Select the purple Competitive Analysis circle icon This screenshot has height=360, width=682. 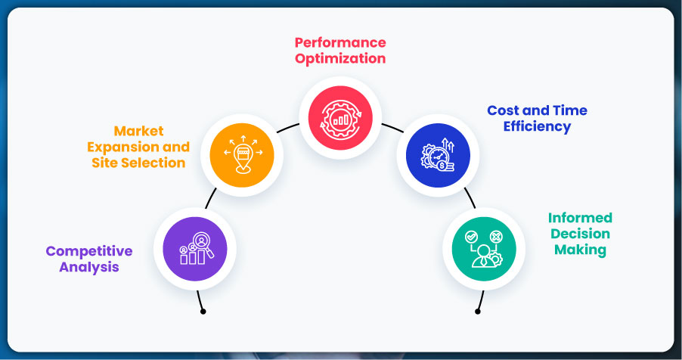[x=195, y=249]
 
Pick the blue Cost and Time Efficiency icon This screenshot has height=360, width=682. [x=439, y=155]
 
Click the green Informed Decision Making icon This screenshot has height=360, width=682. [x=484, y=250]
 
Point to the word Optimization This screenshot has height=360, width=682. [x=340, y=58]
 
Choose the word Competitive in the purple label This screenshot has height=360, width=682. [x=89, y=251]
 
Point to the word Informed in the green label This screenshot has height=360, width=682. [x=580, y=219]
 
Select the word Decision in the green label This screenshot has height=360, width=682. [x=580, y=234]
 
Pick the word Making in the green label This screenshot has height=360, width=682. [x=580, y=250]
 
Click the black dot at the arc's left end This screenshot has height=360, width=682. [x=203, y=310]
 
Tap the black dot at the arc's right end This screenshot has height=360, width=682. [x=477, y=310]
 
